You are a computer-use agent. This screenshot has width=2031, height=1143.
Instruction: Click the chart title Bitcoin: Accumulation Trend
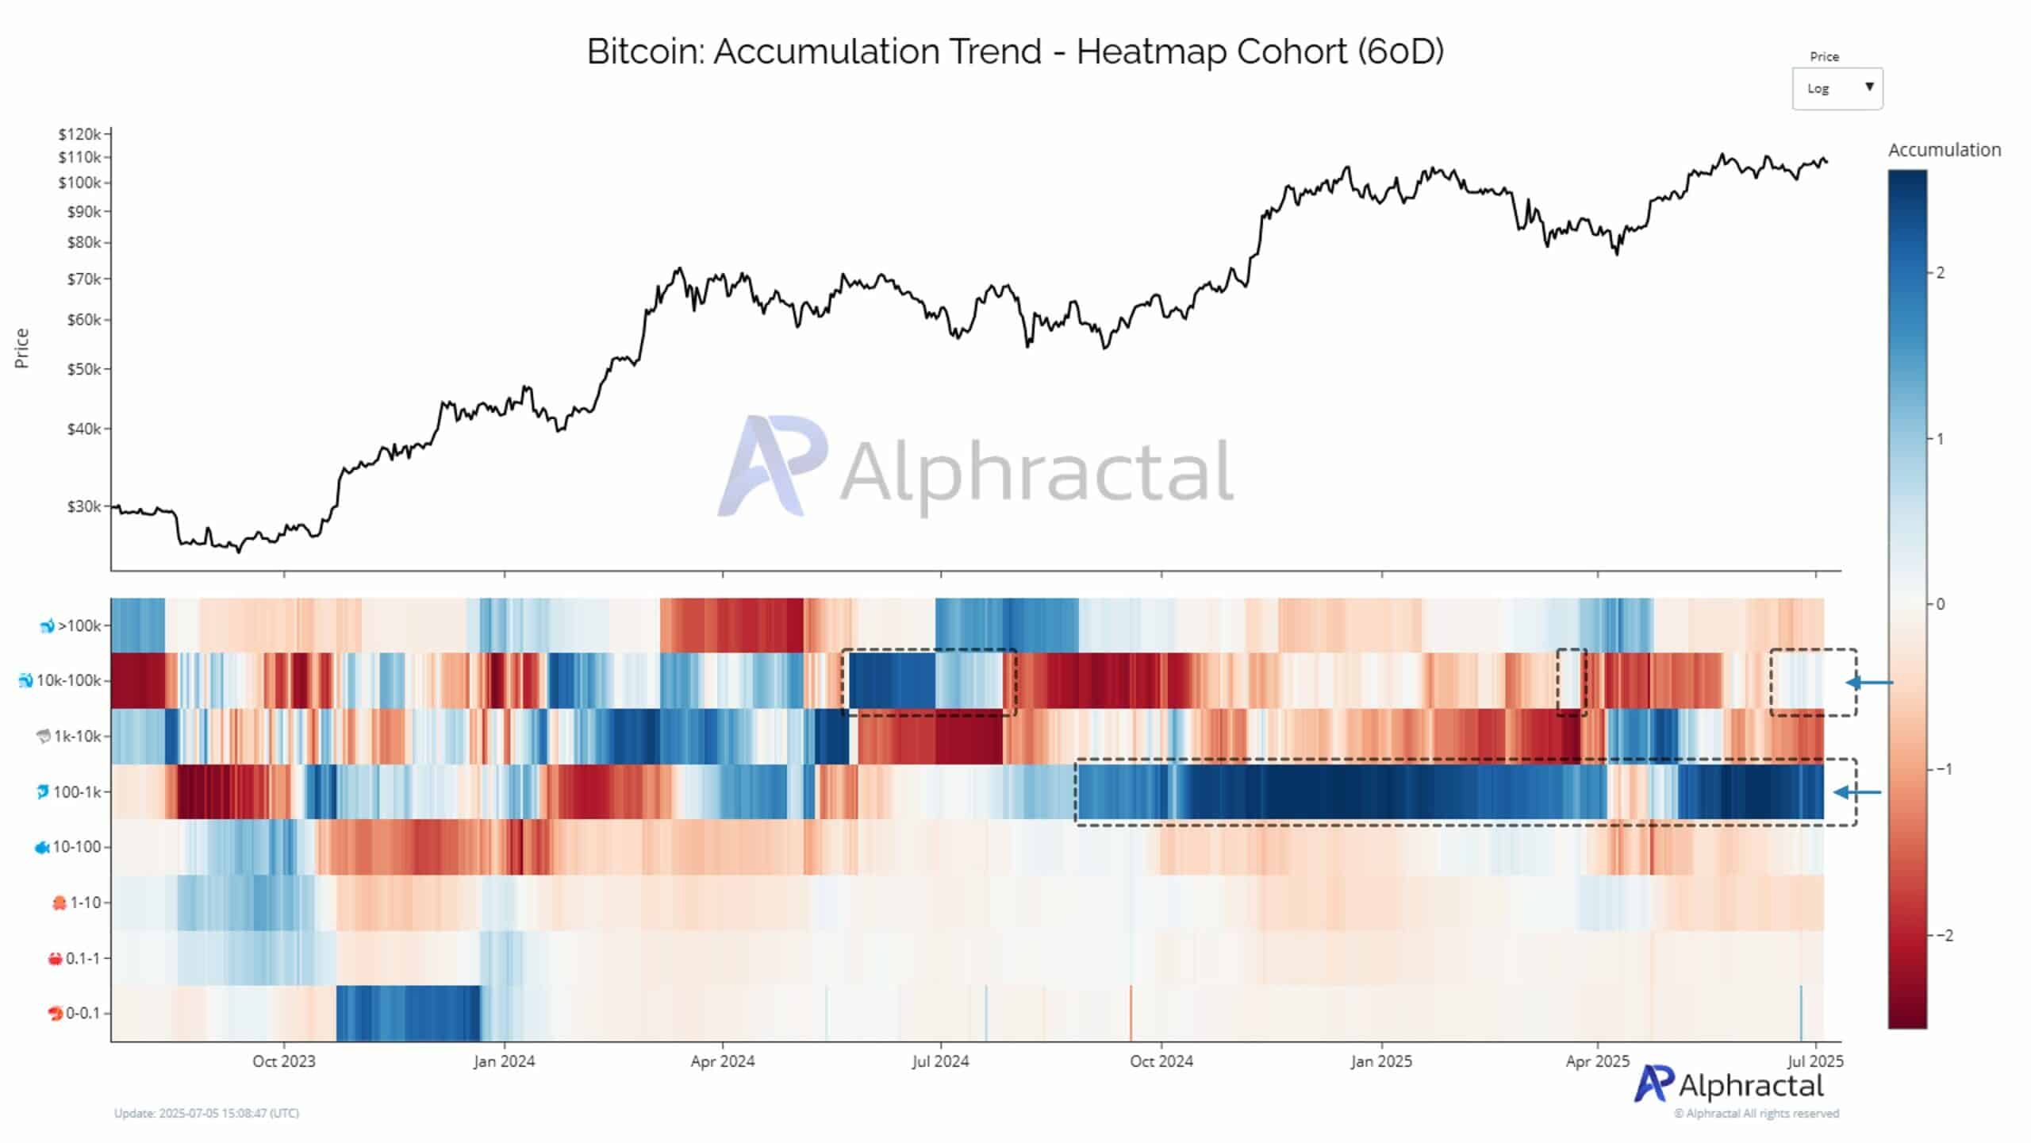[1015, 52]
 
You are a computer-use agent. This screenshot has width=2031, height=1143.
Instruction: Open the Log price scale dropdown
[1837, 88]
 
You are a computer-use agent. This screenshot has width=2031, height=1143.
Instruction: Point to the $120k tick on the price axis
[79, 134]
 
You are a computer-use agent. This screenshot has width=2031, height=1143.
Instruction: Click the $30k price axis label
[83, 506]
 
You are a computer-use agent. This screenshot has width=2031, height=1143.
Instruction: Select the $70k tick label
[83, 279]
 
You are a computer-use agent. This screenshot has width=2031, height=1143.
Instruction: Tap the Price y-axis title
[21, 348]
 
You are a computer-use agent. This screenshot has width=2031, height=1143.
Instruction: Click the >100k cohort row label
[78, 625]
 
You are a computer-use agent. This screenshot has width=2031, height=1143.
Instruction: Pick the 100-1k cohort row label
[76, 791]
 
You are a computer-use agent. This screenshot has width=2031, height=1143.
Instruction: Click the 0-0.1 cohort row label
[82, 1013]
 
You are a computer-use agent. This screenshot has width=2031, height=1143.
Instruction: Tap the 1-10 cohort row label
[84, 902]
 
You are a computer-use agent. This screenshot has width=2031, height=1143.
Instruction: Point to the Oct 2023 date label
[283, 1061]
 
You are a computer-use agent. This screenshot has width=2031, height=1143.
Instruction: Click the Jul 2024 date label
[940, 1061]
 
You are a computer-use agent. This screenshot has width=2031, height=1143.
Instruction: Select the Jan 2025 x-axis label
[1381, 1061]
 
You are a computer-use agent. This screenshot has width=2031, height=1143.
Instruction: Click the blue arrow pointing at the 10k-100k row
[1870, 682]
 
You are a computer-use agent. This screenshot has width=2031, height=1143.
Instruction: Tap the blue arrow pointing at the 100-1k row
[1858, 792]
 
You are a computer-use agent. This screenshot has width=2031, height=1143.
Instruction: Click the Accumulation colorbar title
[1944, 150]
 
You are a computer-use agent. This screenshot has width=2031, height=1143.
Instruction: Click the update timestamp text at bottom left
[206, 1113]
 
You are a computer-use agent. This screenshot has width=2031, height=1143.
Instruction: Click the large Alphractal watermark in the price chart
[976, 468]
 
